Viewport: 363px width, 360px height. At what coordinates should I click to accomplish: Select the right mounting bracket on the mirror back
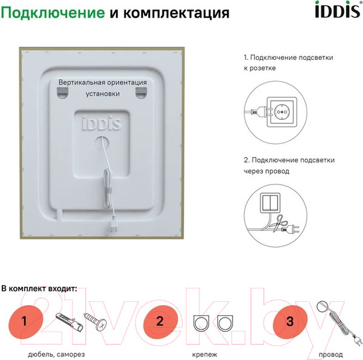click(x=141, y=91)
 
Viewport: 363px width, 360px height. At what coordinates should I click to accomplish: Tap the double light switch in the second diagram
click(x=270, y=201)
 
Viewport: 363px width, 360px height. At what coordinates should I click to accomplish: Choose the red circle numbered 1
click(x=24, y=321)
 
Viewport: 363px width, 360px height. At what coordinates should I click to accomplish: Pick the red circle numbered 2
click(x=160, y=321)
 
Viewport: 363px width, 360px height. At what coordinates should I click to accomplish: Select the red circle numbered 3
click(x=290, y=321)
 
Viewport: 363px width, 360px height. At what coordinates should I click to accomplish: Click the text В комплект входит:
click(x=39, y=289)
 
